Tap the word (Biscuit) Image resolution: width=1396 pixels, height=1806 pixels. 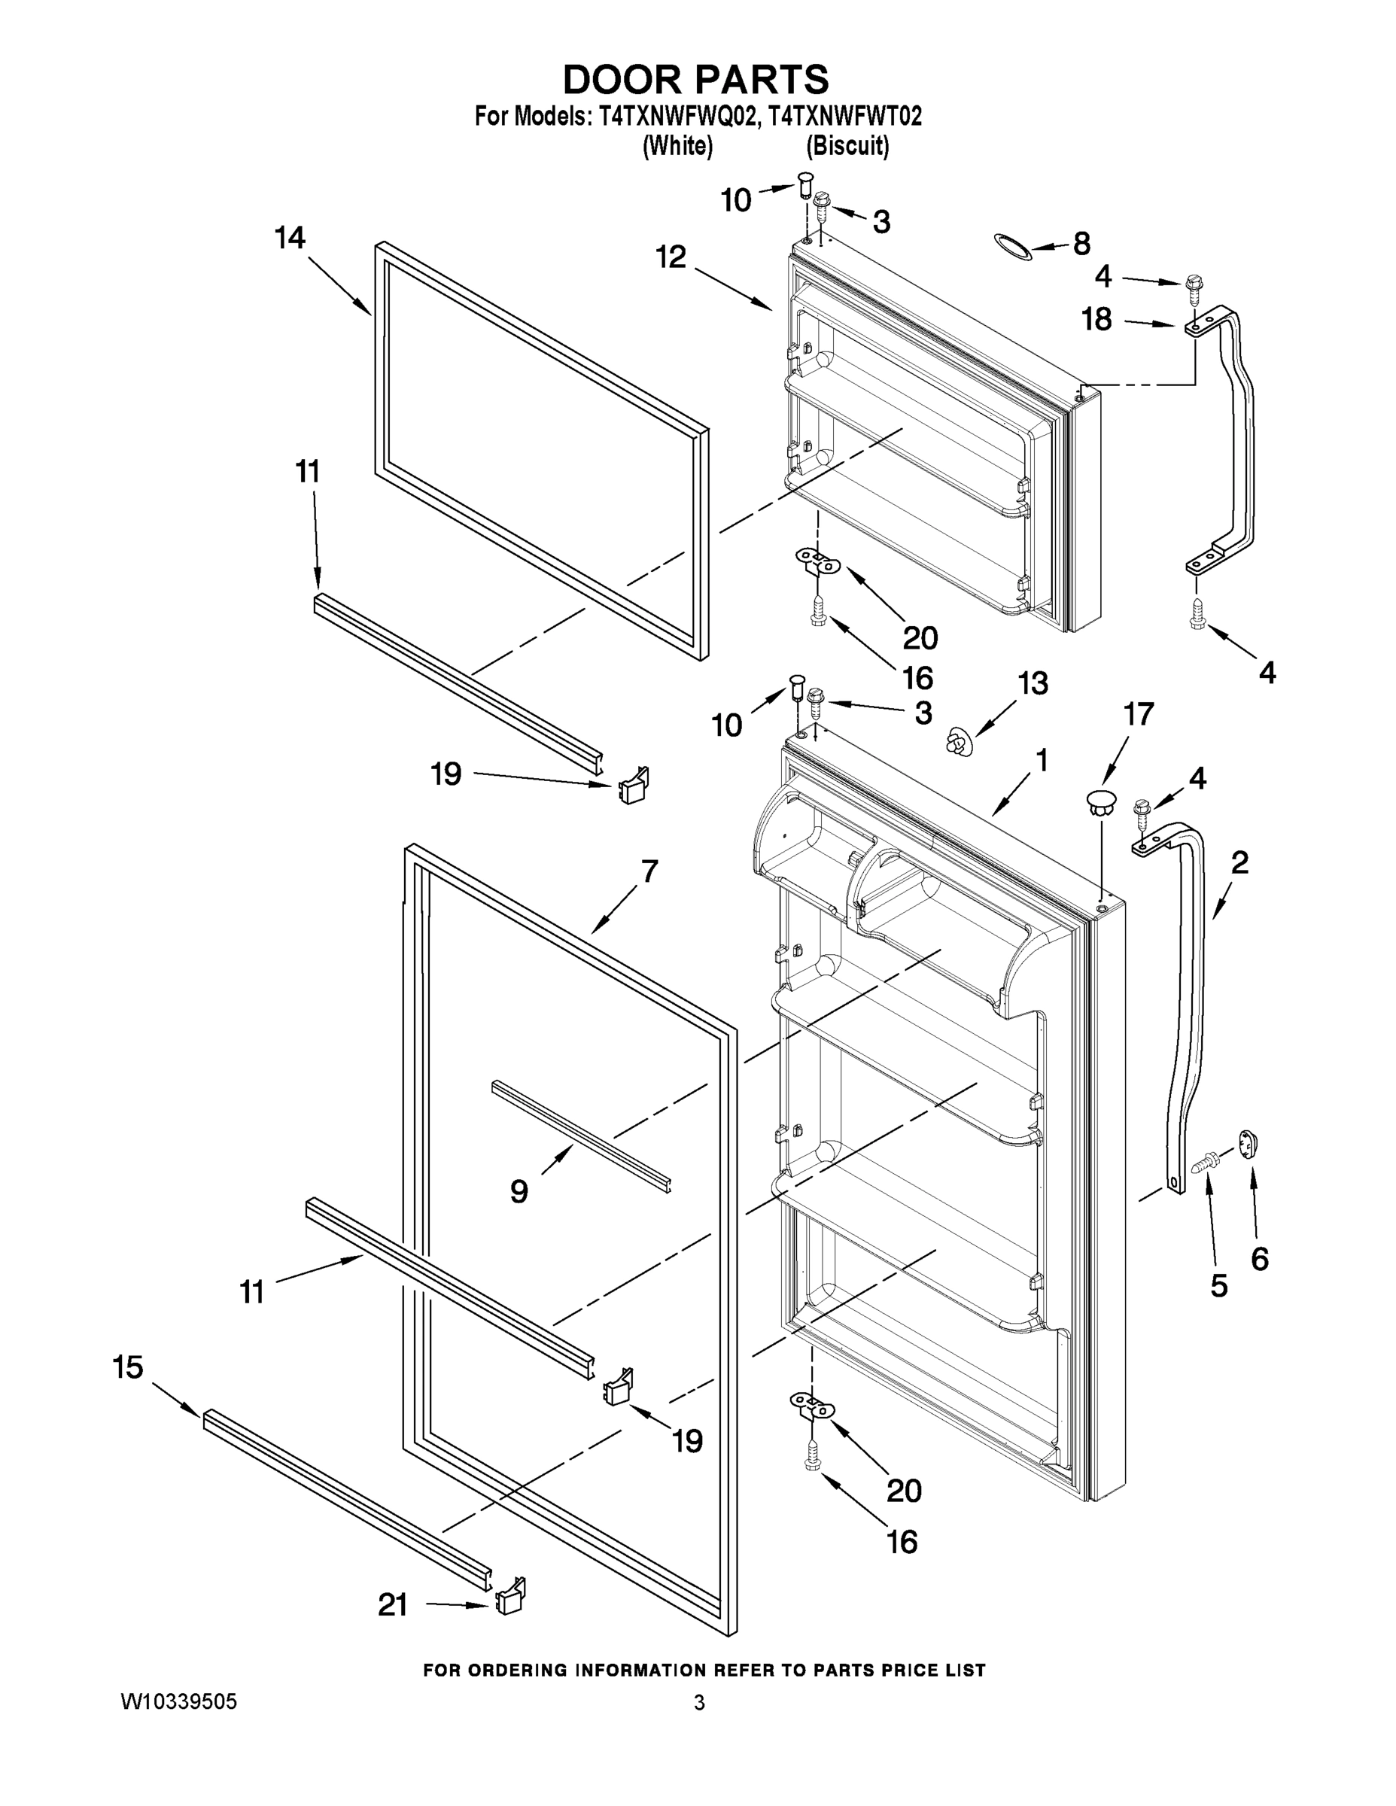[847, 147]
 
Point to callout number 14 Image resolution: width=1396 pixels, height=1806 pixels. [290, 238]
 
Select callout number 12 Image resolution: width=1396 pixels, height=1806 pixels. [671, 257]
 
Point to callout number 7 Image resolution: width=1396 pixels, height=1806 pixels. [649, 871]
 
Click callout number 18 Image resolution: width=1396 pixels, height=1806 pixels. [1096, 319]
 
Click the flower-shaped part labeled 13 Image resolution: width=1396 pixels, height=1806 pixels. [959, 740]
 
